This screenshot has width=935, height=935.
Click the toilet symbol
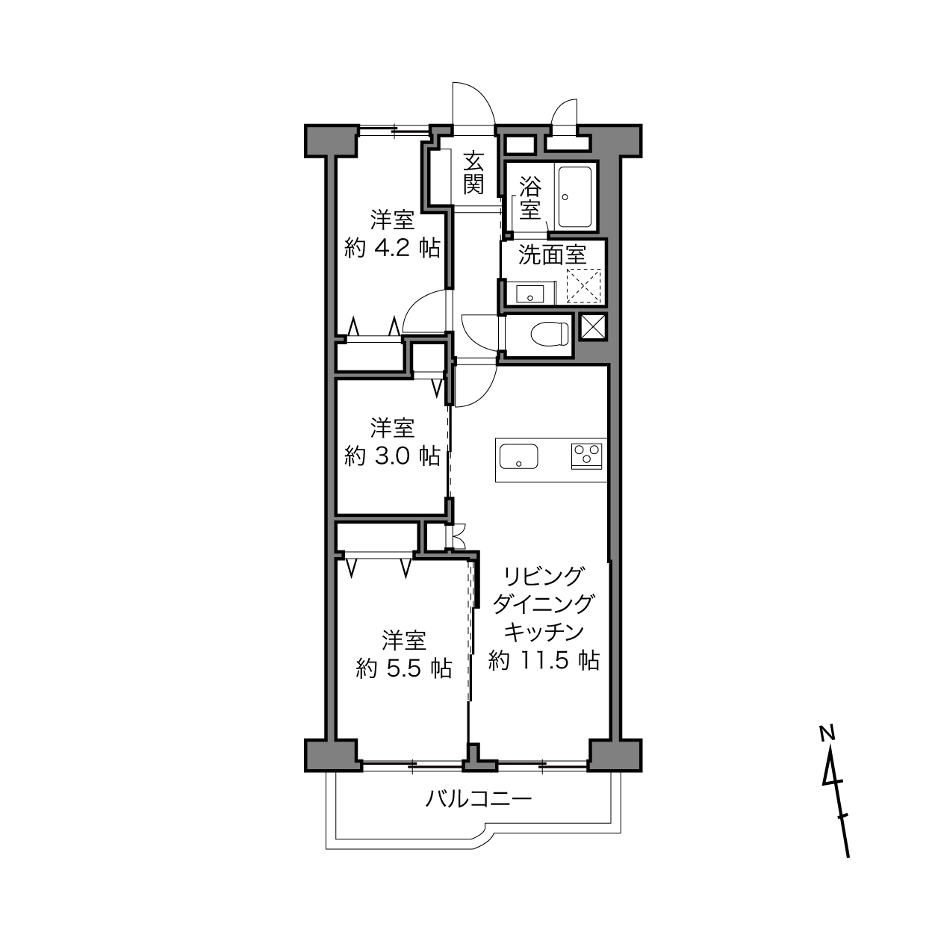click(550, 334)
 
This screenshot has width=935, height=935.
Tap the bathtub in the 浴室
click(575, 197)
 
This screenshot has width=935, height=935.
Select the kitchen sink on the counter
click(519, 456)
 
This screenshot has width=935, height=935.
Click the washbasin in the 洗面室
click(529, 293)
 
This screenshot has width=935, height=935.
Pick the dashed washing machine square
click(584, 286)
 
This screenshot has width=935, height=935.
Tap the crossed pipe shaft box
click(592, 326)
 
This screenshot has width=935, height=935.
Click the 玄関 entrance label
click(473, 173)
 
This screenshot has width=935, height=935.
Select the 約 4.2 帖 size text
click(392, 248)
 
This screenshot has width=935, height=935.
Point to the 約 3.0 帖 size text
click(392, 456)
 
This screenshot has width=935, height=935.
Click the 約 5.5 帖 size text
click(404, 668)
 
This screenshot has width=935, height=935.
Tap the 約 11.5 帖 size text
click(544, 660)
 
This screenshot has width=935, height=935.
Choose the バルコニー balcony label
click(479, 798)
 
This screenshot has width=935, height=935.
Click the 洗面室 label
click(553, 255)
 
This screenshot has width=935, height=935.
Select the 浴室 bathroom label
click(529, 198)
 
